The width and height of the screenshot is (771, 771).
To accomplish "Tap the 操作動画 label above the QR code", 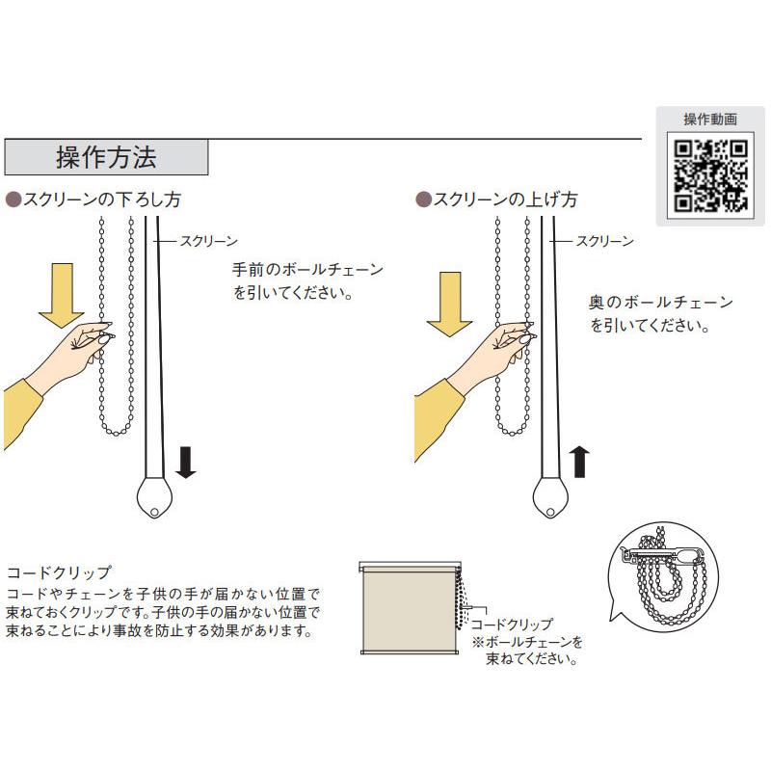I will pyautogui.click(x=710, y=120).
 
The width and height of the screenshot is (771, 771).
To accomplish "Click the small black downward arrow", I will pyautogui.click(x=186, y=463).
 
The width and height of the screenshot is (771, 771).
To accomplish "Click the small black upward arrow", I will pyautogui.click(x=579, y=463).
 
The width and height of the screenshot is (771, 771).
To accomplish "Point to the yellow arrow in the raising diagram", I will pyautogui.click(x=448, y=305).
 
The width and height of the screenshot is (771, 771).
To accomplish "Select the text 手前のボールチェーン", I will pyautogui.click(x=307, y=269).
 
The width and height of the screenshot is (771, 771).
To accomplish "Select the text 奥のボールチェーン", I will pyautogui.click(x=660, y=303).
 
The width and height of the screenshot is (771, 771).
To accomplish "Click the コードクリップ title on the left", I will pyautogui.click(x=59, y=571).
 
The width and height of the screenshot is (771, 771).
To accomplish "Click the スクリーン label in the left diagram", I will pyautogui.click(x=208, y=241).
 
